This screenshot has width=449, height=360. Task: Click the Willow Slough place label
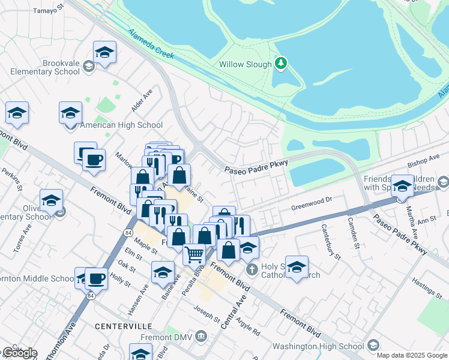(x=245, y=64)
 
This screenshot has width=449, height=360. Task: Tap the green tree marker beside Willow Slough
(x=280, y=63)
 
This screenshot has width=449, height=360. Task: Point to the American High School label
(x=121, y=125)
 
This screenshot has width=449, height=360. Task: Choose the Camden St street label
(x=354, y=233)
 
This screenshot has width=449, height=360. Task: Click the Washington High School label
(x=319, y=346)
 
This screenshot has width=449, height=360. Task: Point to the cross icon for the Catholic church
(x=252, y=270)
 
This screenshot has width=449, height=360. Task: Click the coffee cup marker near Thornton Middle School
(x=96, y=278)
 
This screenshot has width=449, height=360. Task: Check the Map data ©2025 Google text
(x=411, y=355)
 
